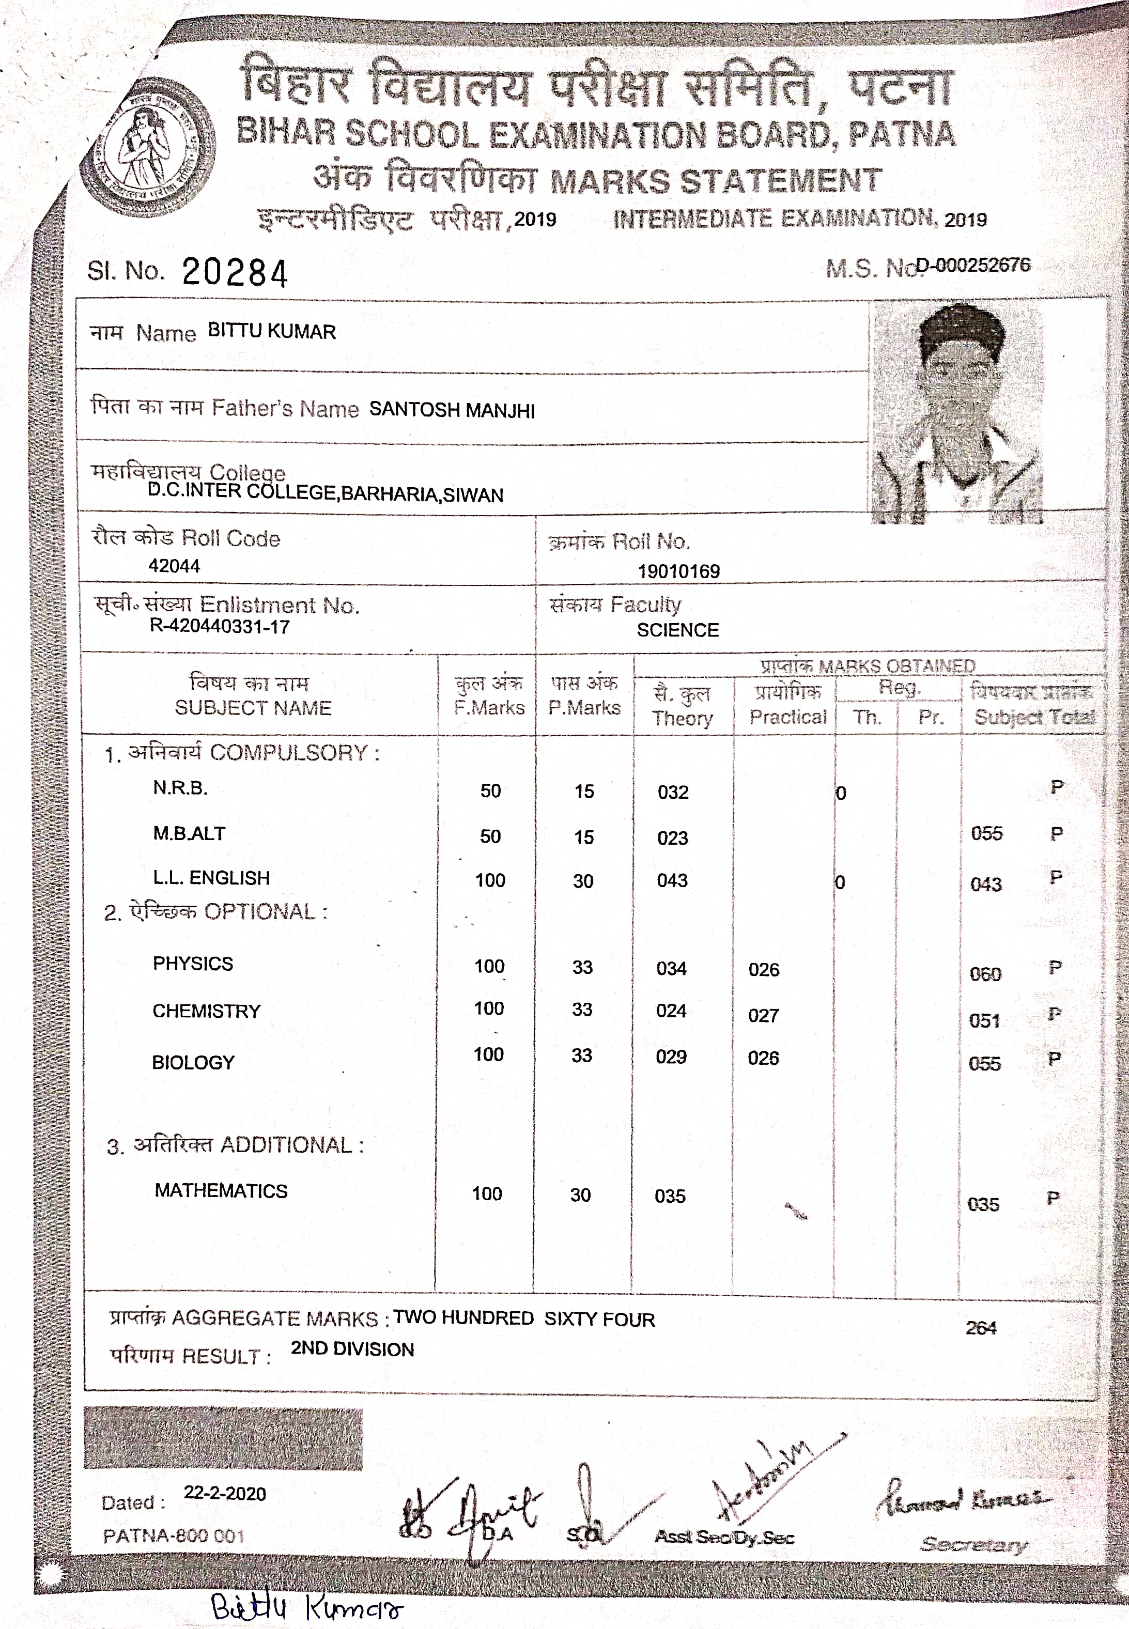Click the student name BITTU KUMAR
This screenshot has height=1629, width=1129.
click(272, 331)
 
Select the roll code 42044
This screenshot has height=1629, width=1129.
click(174, 566)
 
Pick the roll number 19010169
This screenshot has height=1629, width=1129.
click(678, 571)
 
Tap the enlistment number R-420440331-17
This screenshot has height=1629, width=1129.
click(219, 627)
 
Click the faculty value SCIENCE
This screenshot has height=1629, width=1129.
click(678, 630)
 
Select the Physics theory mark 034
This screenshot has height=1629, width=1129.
click(671, 968)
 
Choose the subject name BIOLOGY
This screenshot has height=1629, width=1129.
click(193, 1062)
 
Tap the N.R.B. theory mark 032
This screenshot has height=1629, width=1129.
click(673, 792)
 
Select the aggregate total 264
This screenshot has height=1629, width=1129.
click(981, 1328)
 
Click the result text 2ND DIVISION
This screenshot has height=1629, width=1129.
click(352, 1349)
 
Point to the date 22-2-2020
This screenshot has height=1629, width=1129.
click(225, 1493)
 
